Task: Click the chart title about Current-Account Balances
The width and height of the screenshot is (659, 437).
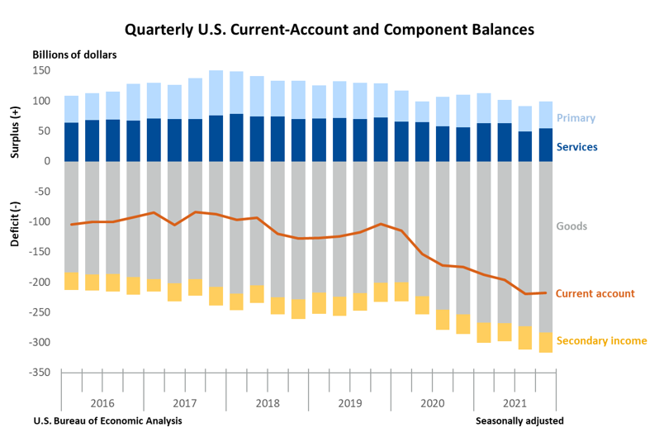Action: (329, 30)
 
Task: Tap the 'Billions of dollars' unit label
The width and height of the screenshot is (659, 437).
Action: (74, 55)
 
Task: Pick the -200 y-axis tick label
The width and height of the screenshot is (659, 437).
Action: (40, 282)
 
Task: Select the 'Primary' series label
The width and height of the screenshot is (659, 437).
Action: (576, 118)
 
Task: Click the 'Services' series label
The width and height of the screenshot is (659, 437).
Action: (577, 147)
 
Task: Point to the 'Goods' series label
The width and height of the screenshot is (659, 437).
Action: (571, 225)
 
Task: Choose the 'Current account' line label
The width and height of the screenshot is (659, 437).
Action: (595, 293)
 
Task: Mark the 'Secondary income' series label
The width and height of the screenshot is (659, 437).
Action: (601, 340)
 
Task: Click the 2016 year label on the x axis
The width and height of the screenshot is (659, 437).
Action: (102, 403)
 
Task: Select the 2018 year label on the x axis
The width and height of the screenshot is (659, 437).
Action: (267, 403)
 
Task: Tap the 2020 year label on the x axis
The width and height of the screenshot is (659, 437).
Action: (432, 403)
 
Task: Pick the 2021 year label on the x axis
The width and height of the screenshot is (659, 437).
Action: (514, 403)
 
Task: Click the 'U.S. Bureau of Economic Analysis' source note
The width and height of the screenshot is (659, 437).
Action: (107, 420)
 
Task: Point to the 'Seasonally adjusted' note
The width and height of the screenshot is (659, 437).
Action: (519, 420)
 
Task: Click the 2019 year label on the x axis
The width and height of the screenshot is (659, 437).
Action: (349, 403)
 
